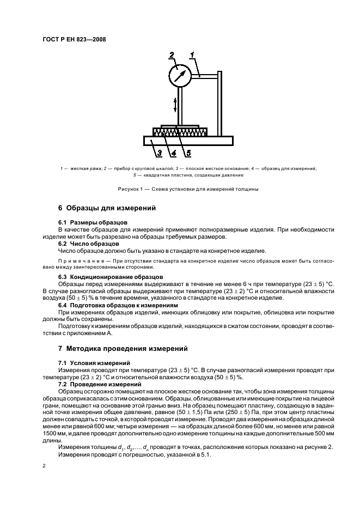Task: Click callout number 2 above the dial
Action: pyautogui.click(x=171, y=55)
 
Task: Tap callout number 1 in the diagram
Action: pyautogui.click(x=193, y=54)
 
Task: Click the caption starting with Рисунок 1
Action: pyautogui.click(x=180, y=189)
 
